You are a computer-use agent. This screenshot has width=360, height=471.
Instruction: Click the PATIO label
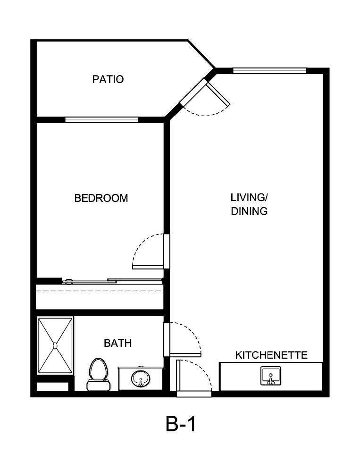tap(108, 79)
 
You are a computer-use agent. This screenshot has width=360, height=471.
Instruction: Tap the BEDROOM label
tap(101, 198)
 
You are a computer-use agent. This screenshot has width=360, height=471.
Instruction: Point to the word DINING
tap(249, 211)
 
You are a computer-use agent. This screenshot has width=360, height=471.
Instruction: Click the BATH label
tap(117, 343)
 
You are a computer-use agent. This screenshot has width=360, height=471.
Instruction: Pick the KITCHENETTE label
tap(271, 355)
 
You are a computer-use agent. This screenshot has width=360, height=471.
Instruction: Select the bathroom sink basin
tap(140, 378)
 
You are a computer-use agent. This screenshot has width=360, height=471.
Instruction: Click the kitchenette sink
tap(270, 376)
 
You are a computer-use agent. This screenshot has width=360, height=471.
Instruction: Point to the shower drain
tap(55, 345)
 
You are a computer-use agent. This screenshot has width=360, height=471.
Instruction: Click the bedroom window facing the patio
tap(101, 119)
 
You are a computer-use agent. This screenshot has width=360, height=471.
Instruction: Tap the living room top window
tap(269, 71)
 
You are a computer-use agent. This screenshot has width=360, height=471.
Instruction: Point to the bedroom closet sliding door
tap(113, 282)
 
